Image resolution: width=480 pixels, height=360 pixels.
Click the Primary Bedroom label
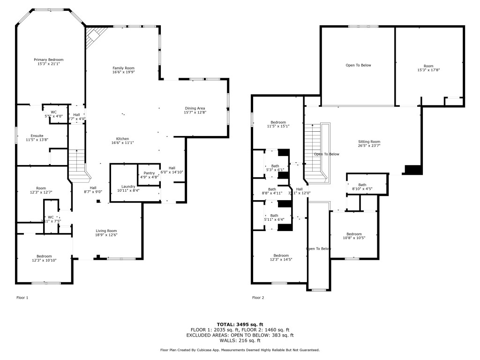[48, 60]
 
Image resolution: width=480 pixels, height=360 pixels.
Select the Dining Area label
[195, 108]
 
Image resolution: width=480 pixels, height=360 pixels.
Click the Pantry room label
[149, 173]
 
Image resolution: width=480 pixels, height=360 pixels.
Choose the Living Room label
[106, 231]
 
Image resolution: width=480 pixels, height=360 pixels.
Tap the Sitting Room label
[369, 142]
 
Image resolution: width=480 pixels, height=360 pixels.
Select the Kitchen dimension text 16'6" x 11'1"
[122, 142]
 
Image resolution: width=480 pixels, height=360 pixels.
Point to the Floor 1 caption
[22, 298]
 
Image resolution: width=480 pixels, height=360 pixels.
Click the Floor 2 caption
[258, 298]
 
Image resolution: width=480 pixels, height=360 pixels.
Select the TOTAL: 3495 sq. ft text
[240, 324]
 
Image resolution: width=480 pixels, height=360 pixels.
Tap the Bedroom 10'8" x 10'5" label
[354, 234]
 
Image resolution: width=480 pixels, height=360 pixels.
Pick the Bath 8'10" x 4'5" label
[362, 185]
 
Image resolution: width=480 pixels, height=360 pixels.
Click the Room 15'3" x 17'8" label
[428, 66]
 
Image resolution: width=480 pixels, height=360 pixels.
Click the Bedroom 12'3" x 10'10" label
[44, 256]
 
